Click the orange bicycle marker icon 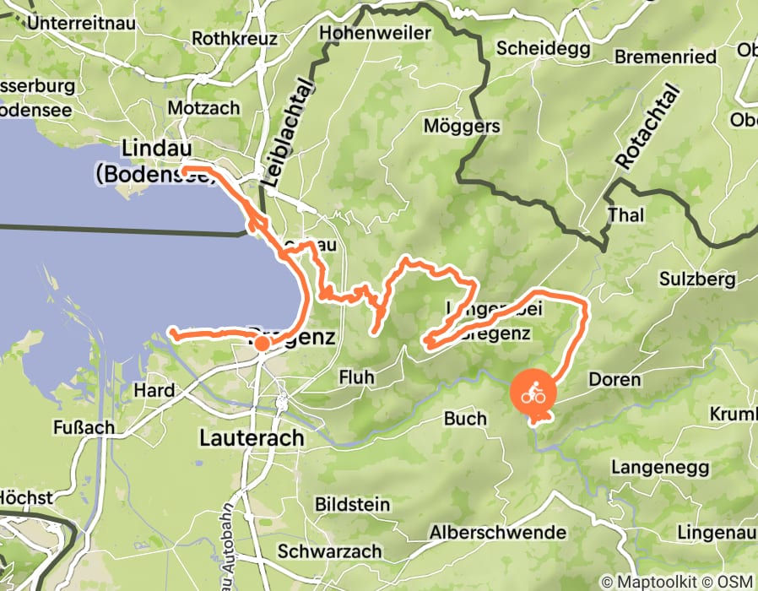(533, 393)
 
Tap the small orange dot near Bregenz (263, 344)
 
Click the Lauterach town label (251, 438)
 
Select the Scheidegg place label (532, 48)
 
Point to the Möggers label (462, 127)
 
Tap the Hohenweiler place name (376, 33)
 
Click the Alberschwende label (497, 533)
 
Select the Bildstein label (352, 505)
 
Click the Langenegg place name (657, 467)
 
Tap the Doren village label (615, 380)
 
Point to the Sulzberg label (699, 279)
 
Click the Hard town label (154, 390)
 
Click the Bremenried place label (665, 57)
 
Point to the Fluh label (355, 377)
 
